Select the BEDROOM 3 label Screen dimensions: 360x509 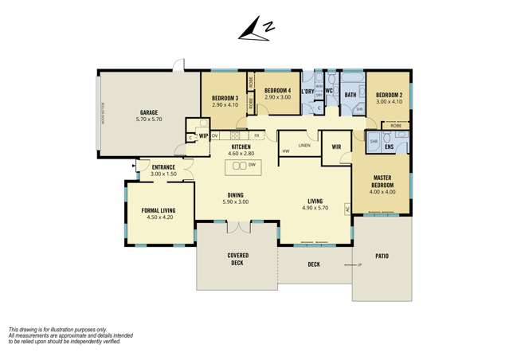click(225, 98)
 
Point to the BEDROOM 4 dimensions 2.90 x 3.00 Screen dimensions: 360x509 click(276, 96)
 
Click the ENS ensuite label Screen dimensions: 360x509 click(388, 147)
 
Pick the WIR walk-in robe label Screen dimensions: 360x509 click(335, 147)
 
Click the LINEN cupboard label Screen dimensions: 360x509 click(303, 145)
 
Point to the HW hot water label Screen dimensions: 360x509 click(285, 151)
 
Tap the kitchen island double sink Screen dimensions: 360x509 click(238, 166)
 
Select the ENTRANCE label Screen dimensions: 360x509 click(162, 167)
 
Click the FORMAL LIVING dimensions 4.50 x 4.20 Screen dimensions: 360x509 click(158, 217)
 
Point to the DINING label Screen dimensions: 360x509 click(235, 195)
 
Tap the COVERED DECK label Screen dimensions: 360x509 click(237, 259)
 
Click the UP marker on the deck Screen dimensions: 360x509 click(358, 264)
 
